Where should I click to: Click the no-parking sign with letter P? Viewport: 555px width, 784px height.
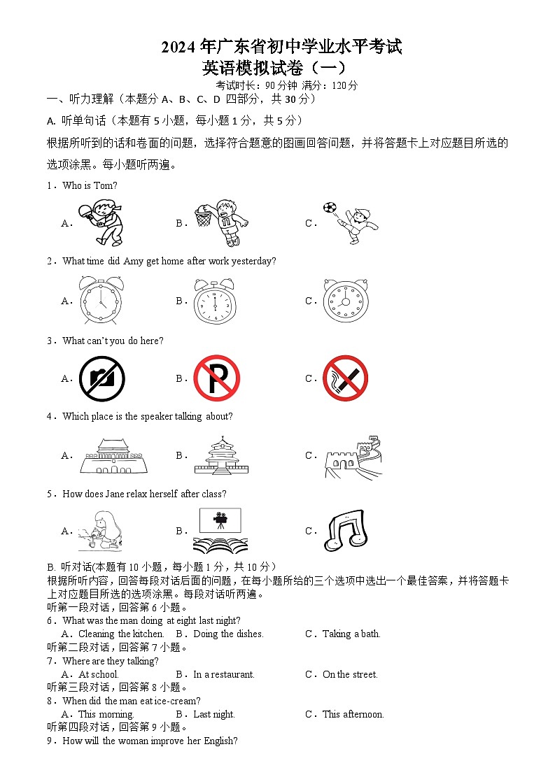pyautogui.click(x=216, y=378)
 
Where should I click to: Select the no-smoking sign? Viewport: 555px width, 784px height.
pyautogui.click(x=345, y=378)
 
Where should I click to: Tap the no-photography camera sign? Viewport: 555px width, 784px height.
pyautogui.click(x=102, y=378)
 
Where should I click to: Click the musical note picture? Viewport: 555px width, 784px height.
pyautogui.click(x=345, y=531)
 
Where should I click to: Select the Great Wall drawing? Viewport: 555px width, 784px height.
pyautogui.click(x=353, y=456)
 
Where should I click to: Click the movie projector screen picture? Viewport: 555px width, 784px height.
pyautogui.click(x=220, y=530)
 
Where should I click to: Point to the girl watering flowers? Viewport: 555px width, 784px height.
pyautogui.click(x=100, y=531)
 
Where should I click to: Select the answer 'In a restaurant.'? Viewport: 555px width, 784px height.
pyautogui.click(x=224, y=675)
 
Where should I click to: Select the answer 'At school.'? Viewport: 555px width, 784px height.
pyautogui.click(x=99, y=675)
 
